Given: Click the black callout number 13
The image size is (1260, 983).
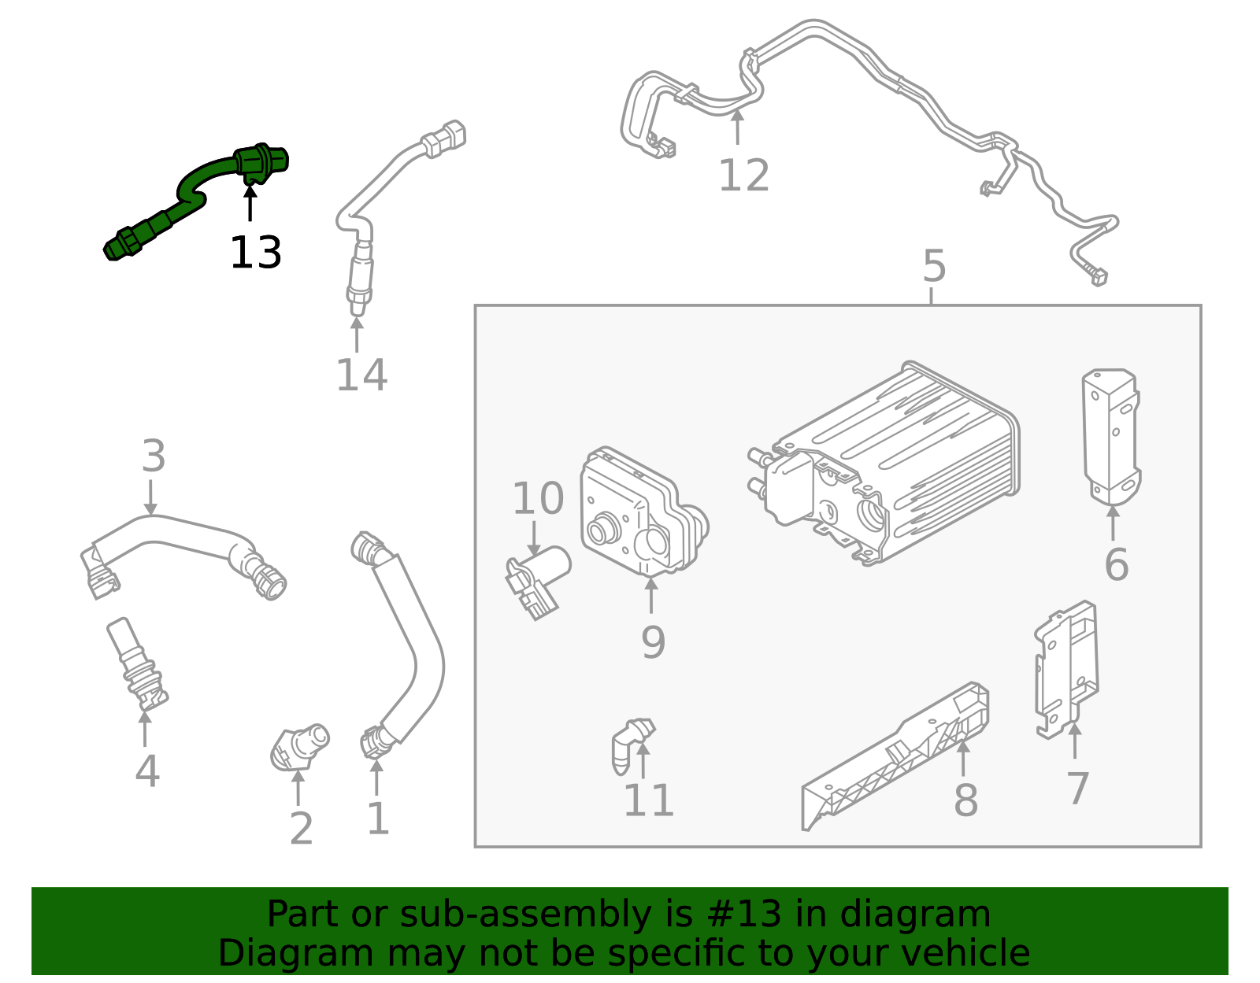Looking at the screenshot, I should tap(255, 253).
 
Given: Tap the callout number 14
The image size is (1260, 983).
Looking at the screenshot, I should tap(361, 375).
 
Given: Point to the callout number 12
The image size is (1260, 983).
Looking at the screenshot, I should tap(743, 176).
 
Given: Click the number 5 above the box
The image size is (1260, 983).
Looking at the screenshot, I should tap(933, 267).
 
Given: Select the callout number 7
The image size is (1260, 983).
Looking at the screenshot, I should tap(1077, 788).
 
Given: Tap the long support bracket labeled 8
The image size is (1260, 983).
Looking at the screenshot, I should tap(898, 756).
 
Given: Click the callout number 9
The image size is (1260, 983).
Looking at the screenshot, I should tap(653, 642).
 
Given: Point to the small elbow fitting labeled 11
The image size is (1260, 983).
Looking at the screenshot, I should tap(629, 744).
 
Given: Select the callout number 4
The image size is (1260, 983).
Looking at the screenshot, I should tap(147, 771).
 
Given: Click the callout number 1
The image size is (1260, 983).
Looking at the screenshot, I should tap(378, 819).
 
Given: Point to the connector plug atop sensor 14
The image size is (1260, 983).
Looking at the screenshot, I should tap(445, 139).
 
